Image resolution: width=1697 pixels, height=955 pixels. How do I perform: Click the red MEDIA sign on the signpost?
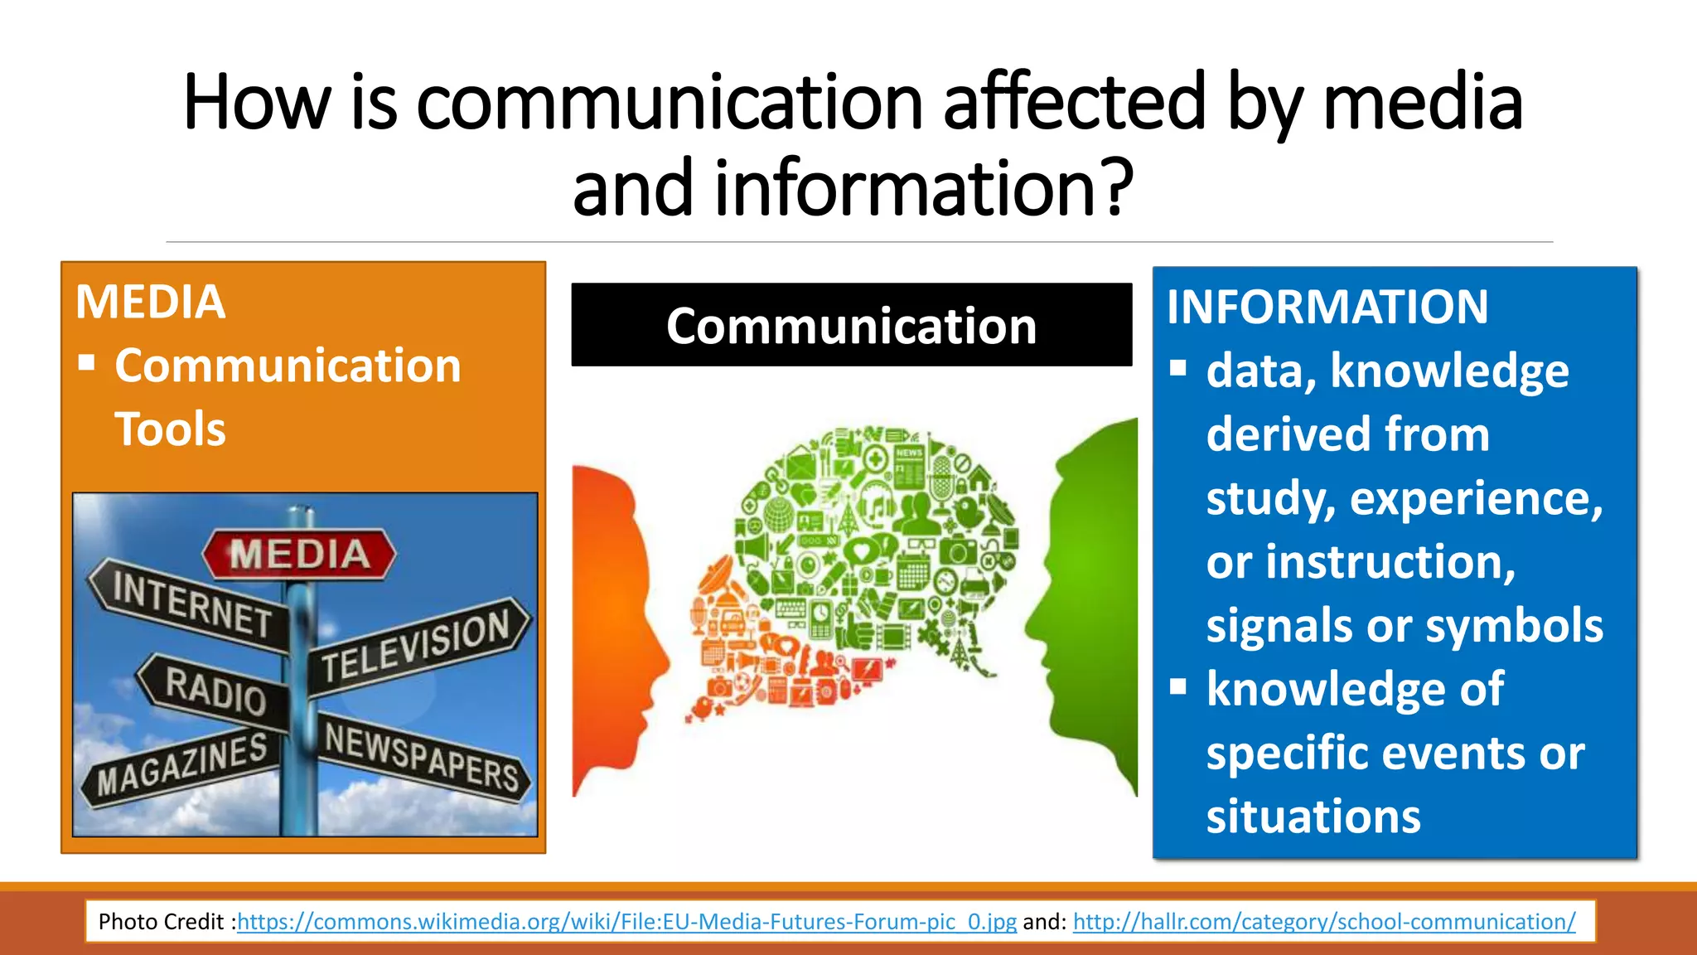(299, 554)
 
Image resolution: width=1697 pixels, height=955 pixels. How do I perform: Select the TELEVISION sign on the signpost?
(416, 643)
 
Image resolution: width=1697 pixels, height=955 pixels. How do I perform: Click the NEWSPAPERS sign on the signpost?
(421, 756)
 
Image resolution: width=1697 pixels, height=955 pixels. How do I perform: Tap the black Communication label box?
(851, 325)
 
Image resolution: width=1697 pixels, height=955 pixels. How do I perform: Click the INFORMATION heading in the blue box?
(1327, 307)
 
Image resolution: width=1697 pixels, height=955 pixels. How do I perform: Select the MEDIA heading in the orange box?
(150, 302)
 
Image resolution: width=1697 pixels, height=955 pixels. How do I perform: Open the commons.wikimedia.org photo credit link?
(626, 922)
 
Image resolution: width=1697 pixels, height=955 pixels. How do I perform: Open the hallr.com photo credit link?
(1323, 922)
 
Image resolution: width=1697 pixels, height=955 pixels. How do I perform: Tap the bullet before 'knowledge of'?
(1178, 687)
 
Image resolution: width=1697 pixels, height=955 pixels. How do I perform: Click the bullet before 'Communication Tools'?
(86, 363)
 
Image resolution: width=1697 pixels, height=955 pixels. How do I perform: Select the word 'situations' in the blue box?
(1313, 817)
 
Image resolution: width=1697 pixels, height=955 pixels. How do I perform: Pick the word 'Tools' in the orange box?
(170, 429)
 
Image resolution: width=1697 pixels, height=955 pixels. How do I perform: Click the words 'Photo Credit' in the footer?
(161, 922)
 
